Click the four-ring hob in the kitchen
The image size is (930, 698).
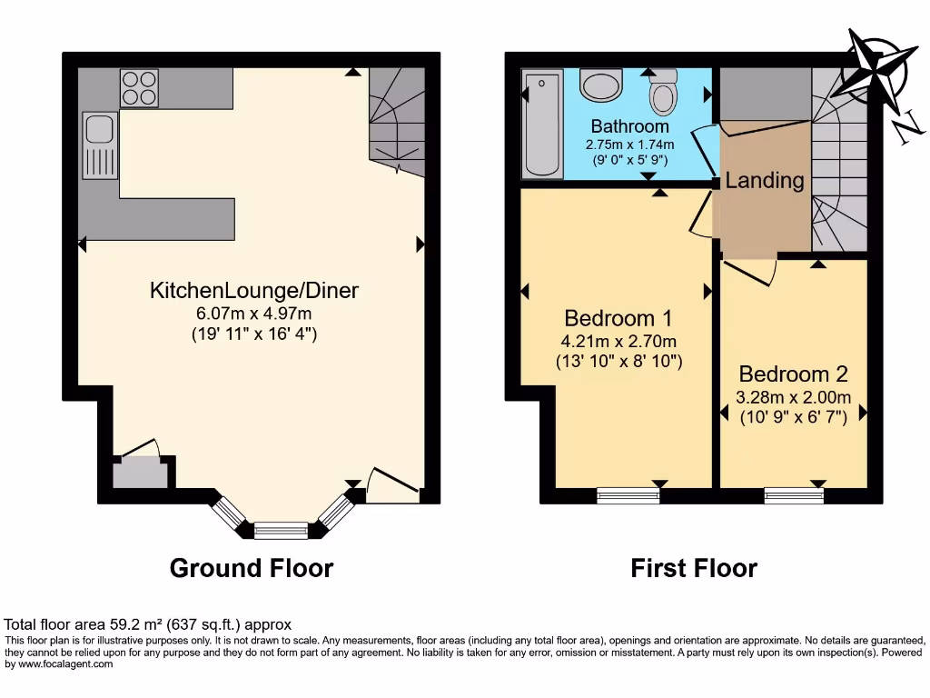(x=140, y=88)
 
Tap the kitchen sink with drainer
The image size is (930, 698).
(x=98, y=145)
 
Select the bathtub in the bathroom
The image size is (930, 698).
(x=542, y=125)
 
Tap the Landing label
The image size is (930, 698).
(x=764, y=180)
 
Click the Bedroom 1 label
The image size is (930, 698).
(x=618, y=318)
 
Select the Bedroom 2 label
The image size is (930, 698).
(x=793, y=374)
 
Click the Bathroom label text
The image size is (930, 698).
(x=629, y=126)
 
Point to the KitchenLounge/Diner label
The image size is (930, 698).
(x=254, y=291)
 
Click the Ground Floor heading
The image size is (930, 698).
(x=252, y=569)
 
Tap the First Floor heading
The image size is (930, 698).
(x=694, y=569)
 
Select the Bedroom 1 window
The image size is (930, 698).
(x=628, y=495)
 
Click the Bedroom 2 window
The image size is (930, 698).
(x=794, y=495)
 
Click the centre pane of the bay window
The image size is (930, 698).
(x=281, y=529)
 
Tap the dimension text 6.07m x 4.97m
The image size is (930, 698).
(x=254, y=314)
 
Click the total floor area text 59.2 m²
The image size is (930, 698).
(x=147, y=624)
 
